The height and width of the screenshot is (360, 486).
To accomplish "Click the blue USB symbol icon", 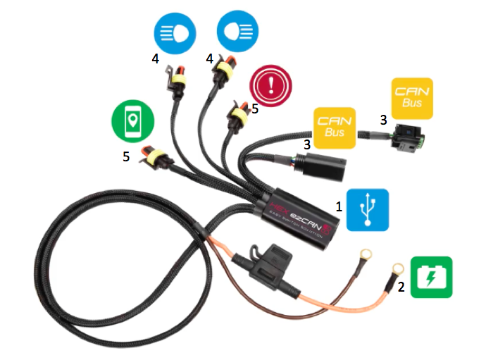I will click(x=367, y=210).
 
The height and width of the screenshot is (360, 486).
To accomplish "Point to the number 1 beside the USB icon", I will click(x=339, y=207).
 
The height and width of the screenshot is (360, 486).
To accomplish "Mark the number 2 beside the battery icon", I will click(x=401, y=286).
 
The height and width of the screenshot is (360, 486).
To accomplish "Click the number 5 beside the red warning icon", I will click(x=255, y=109).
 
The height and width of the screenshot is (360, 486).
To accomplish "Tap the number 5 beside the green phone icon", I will click(x=126, y=156).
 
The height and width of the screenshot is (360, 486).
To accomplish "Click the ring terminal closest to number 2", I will click(x=395, y=269).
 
